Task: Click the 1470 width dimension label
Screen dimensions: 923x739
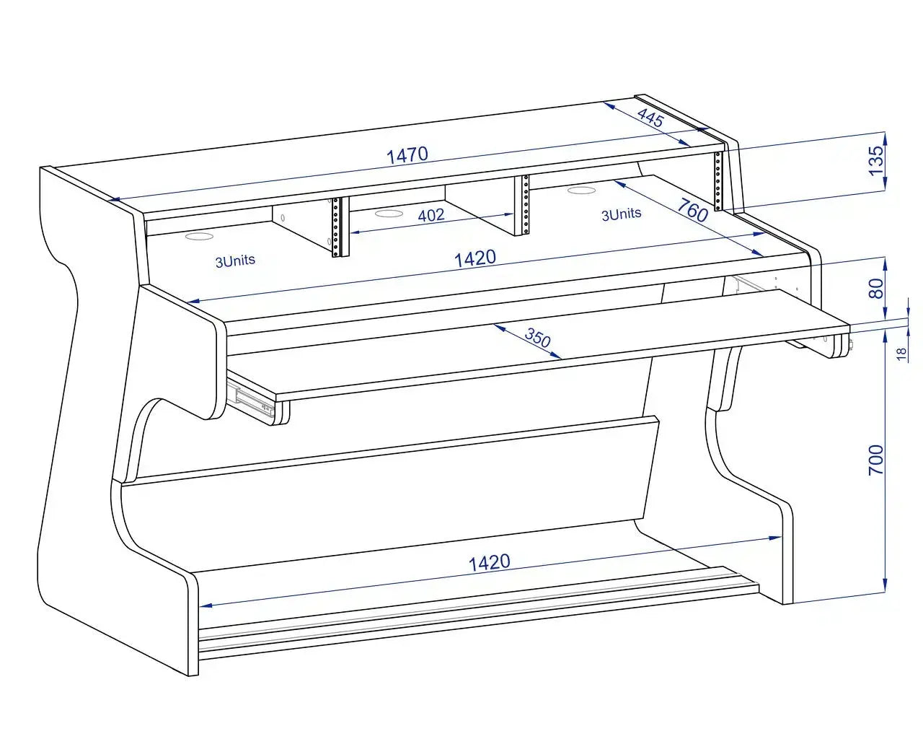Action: [x=407, y=155]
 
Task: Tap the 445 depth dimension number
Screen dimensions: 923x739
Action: [x=650, y=117]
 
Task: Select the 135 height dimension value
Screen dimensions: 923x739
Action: [x=876, y=161]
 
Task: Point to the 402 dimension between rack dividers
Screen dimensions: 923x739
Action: [x=431, y=215]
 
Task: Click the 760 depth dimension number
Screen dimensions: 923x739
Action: [x=692, y=210]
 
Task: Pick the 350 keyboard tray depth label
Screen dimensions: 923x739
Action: [x=538, y=338]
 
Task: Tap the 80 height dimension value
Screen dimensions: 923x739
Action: [x=876, y=288]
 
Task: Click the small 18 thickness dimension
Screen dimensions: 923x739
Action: [x=901, y=354]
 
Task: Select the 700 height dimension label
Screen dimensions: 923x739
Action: [x=876, y=460]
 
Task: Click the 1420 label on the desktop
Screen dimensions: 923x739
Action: [x=474, y=259]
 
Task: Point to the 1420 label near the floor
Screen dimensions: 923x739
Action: [x=490, y=563]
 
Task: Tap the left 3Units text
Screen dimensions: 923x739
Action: [x=235, y=261]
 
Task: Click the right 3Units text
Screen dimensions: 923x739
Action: [x=622, y=214]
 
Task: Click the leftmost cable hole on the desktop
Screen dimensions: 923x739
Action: [x=200, y=236]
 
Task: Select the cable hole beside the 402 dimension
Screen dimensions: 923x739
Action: [x=389, y=213]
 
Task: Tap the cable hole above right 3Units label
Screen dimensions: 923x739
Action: [x=582, y=190]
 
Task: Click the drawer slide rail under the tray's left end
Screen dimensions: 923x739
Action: [x=251, y=398]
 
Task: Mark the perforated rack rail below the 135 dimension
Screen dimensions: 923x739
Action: [x=718, y=180]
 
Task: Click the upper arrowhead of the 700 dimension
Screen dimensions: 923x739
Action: [x=886, y=336]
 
